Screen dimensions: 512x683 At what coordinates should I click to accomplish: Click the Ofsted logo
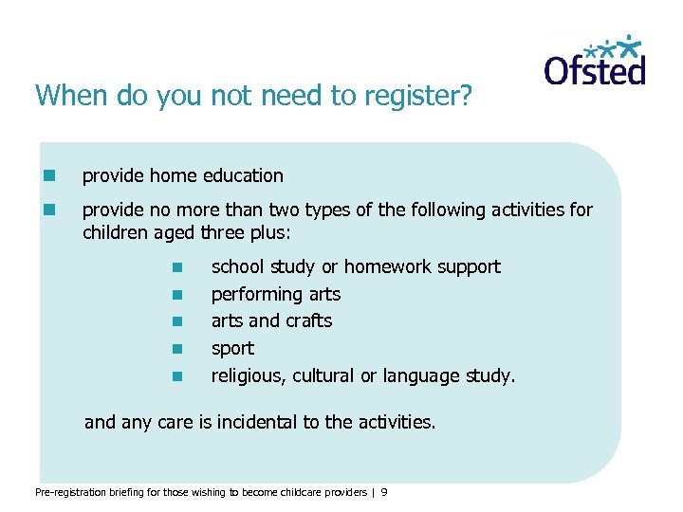(595, 62)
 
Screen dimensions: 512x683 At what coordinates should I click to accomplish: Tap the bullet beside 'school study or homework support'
(176, 267)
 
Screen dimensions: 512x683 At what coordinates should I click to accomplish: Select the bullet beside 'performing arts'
(176, 295)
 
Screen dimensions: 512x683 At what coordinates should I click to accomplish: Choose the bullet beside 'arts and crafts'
(176, 321)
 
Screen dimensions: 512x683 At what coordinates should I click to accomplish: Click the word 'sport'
(232, 349)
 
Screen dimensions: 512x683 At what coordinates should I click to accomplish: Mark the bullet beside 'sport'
(176, 349)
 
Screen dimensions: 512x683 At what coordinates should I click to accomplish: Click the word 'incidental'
(252, 422)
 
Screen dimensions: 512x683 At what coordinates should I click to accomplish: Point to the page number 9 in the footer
(384, 491)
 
